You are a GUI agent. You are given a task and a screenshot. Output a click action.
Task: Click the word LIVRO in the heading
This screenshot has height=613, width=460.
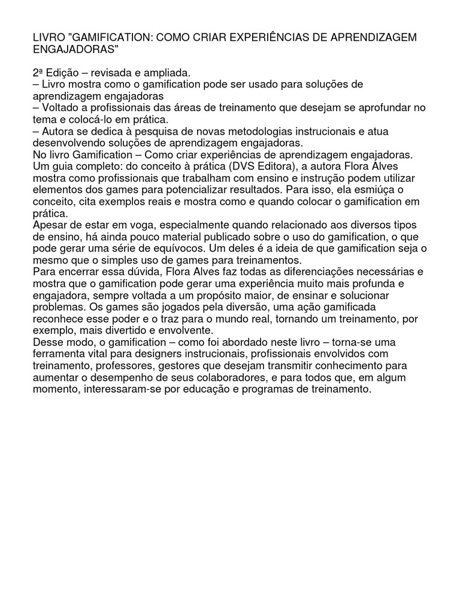[x=50, y=38]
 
